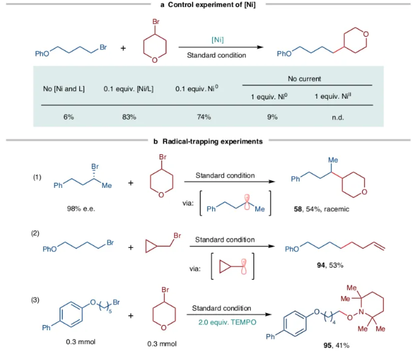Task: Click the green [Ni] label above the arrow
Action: click(217, 40)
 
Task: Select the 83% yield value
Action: click(129, 117)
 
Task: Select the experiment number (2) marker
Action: click(35, 234)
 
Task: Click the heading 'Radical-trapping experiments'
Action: click(215, 142)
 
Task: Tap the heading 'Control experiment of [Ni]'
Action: click(212, 4)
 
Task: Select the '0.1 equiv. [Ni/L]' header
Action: click(129, 89)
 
